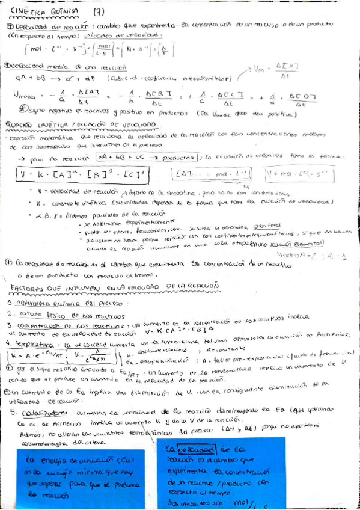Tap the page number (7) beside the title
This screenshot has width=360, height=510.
coord(99,11)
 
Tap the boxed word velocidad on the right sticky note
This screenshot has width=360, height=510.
coord(203,449)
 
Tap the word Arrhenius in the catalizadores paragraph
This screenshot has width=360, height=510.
coord(49,423)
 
